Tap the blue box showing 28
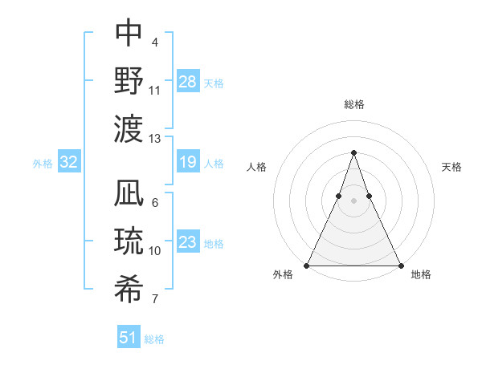pyautogui.click(x=188, y=81)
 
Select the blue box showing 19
pyautogui.click(x=188, y=162)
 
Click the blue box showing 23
pyautogui.click(x=188, y=242)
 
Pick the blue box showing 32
pyautogui.click(x=69, y=162)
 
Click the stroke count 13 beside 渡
pyautogui.click(x=155, y=139)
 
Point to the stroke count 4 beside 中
pyautogui.click(x=154, y=42)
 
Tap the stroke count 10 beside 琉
pyautogui.click(x=155, y=251)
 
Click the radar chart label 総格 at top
pyautogui.click(x=353, y=104)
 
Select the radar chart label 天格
pyautogui.click(x=451, y=167)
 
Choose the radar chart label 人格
pyautogui.click(x=257, y=167)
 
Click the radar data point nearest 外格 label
pyautogui.click(x=307, y=266)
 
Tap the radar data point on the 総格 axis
pyautogui.click(x=353, y=152)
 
